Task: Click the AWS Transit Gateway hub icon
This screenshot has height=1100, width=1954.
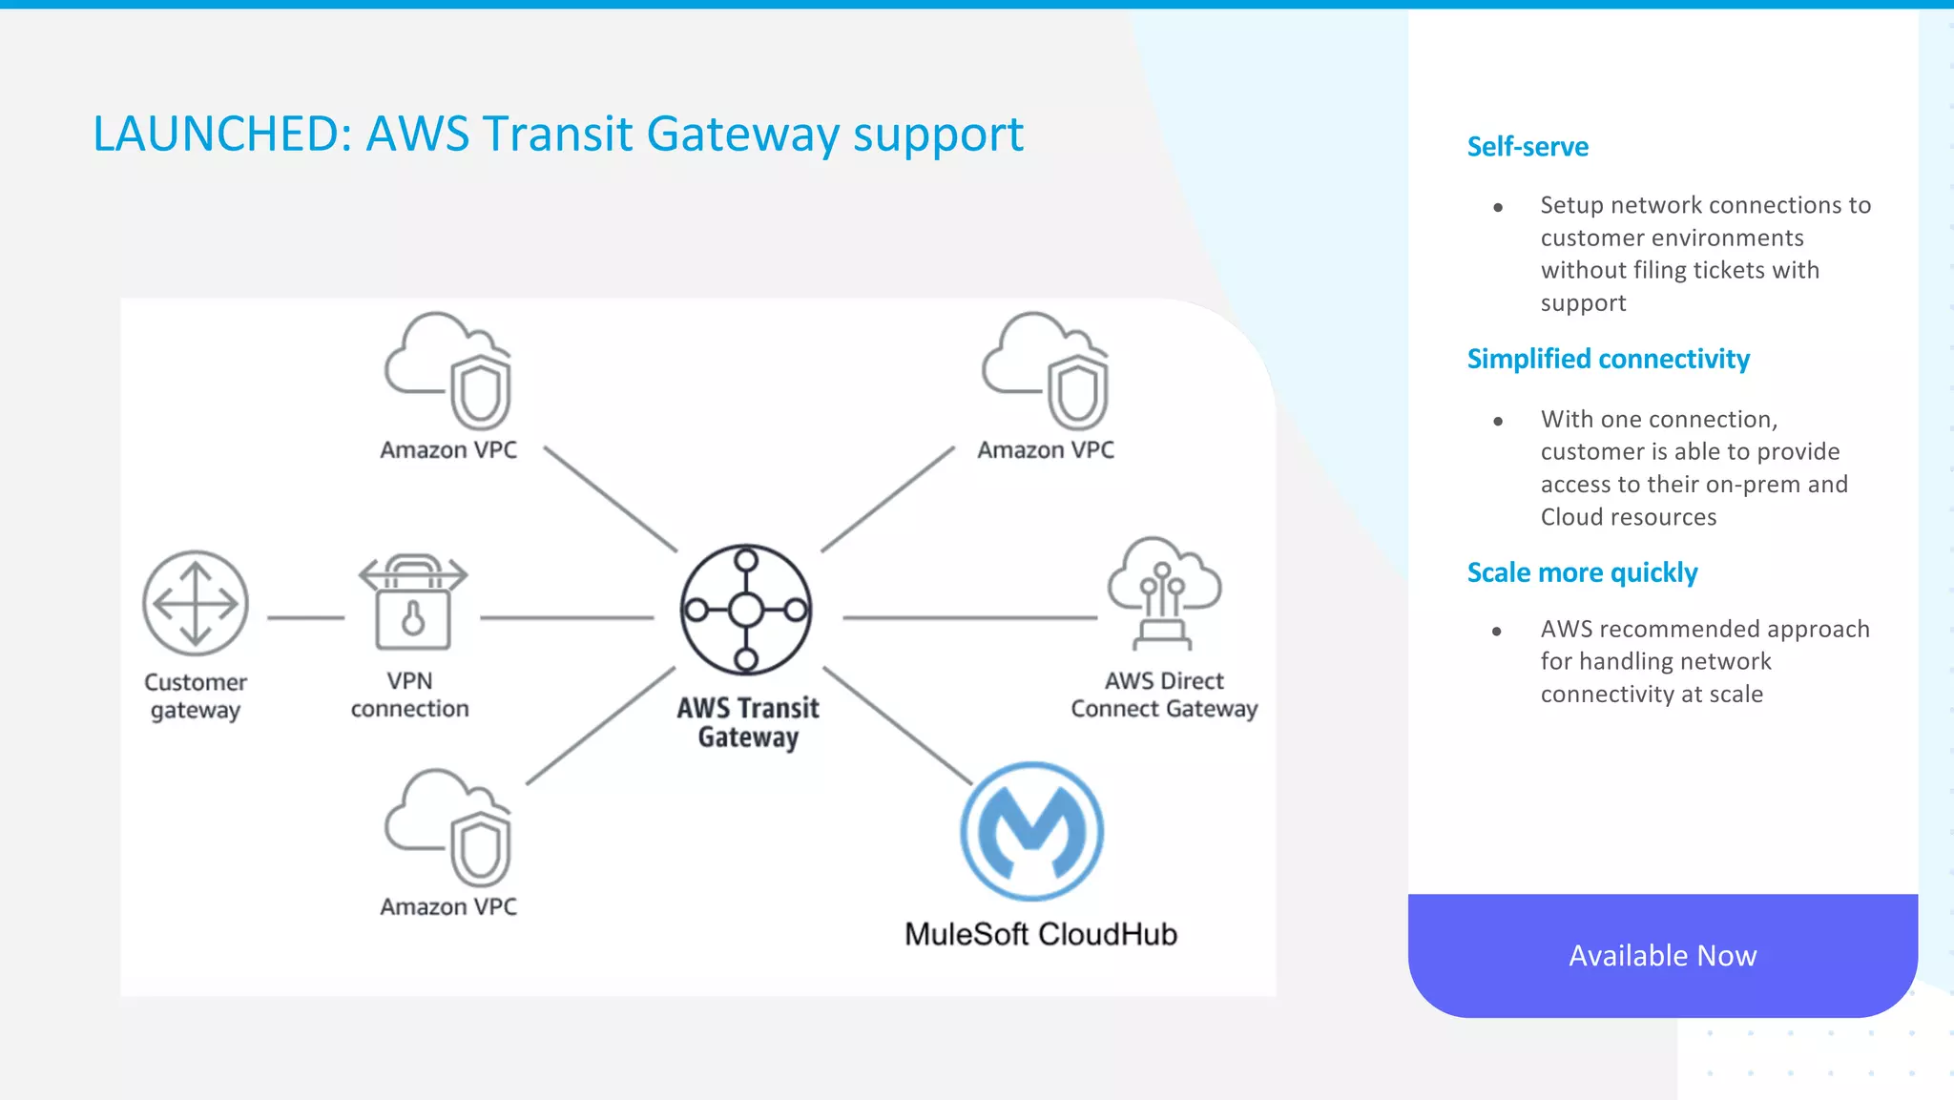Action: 746,610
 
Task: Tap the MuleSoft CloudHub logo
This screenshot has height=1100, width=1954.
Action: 1031,831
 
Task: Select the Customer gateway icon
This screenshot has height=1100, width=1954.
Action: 196,603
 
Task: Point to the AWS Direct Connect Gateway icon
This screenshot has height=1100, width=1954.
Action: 1163,592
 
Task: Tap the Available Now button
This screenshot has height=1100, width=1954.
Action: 1662,955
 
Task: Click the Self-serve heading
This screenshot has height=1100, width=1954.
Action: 1528,147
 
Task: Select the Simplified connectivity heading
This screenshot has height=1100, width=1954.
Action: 1608,359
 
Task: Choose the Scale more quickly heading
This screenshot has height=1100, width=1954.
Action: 1582,572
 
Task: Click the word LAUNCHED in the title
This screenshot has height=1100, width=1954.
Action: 216,134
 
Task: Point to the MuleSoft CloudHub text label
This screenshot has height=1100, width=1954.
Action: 1040,934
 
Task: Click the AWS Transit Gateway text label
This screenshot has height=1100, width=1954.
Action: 748,722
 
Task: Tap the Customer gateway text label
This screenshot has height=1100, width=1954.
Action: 196,695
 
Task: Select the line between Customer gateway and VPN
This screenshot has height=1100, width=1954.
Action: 305,618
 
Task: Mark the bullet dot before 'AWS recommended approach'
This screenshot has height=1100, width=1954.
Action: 1497,631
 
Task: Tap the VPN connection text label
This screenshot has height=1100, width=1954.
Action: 409,695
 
